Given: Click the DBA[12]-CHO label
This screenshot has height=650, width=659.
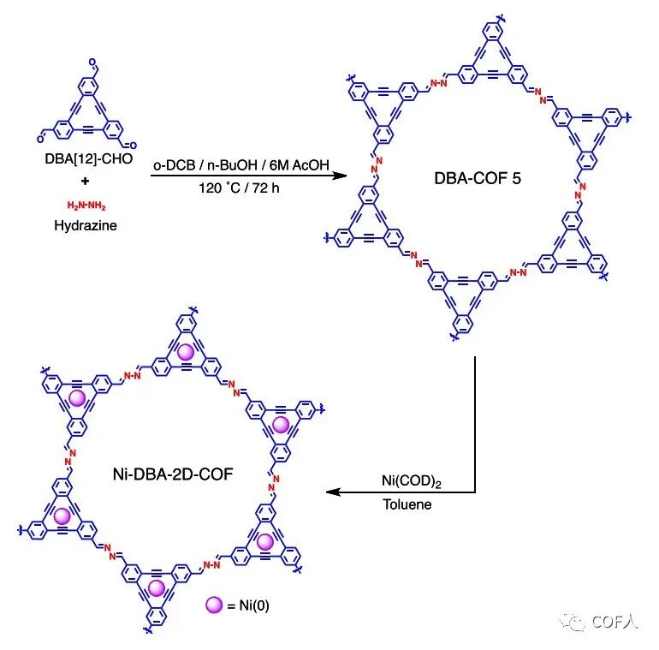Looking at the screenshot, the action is click(x=90, y=158).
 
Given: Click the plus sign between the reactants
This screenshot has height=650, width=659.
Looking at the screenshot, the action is click(x=90, y=181).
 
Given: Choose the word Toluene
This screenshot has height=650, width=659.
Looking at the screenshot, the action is click(x=407, y=504).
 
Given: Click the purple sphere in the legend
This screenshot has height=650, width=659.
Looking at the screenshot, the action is click(x=215, y=605).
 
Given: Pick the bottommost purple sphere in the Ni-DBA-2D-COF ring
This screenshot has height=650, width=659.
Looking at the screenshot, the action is click(x=157, y=587).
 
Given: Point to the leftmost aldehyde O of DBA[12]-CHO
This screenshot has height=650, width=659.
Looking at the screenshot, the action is click(x=40, y=134).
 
